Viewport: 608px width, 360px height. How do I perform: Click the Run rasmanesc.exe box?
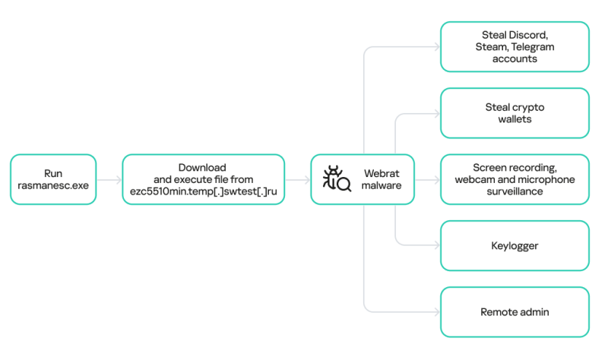click(53, 179)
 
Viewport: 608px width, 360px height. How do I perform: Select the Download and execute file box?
click(203, 179)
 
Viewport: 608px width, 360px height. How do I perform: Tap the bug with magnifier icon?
click(337, 179)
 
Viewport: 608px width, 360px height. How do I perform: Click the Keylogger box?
click(515, 245)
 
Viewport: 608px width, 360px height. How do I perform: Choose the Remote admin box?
click(515, 311)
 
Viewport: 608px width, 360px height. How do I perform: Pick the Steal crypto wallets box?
click(515, 113)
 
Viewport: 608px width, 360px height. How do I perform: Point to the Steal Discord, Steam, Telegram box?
click(515, 46)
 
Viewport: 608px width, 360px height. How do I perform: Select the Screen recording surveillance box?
click(515, 179)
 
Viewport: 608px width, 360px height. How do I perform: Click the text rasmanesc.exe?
click(53, 185)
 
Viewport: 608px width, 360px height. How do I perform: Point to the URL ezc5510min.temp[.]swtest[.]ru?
click(203, 194)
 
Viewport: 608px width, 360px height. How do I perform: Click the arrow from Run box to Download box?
click(109, 180)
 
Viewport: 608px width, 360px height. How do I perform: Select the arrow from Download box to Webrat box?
click(297, 180)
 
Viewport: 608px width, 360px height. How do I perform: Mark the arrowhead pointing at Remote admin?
click(437, 311)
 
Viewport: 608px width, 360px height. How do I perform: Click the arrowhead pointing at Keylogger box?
click(437, 245)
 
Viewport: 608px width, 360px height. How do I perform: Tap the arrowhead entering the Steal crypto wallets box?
click(437, 114)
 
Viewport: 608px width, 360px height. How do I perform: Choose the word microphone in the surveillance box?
click(549, 179)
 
